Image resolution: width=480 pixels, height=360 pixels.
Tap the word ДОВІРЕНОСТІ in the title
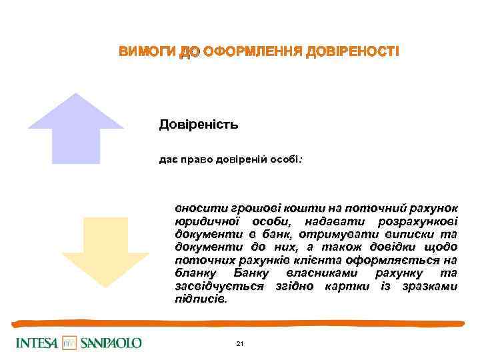(x=352, y=52)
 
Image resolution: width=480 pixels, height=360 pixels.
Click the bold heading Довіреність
(x=199, y=124)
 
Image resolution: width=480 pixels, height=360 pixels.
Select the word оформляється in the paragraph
(x=403, y=261)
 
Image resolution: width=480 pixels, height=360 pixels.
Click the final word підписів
(x=200, y=299)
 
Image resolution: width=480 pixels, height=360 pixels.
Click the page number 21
(x=240, y=344)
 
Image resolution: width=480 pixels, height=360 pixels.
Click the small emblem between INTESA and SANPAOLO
(x=70, y=343)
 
